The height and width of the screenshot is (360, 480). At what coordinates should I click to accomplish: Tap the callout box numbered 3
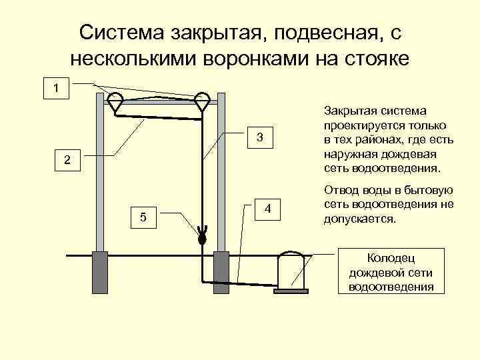tap(261, 137)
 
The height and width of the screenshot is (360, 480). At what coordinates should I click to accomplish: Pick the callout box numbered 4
tap(267, 209)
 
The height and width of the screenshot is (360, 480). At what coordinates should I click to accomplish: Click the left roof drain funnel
tap(115, 101)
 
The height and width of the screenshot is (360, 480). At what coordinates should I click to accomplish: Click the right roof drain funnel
tap(202, 101)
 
